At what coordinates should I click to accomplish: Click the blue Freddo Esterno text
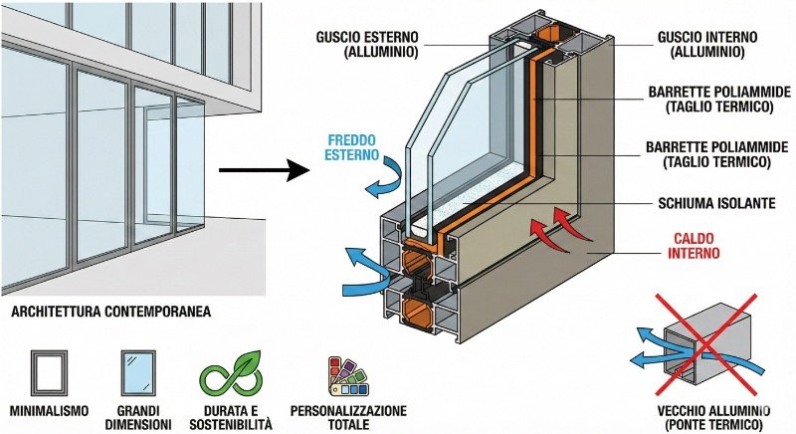[353, 147]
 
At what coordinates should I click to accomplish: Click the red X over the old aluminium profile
[707, 343]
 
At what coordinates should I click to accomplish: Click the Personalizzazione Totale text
[347, 417]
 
